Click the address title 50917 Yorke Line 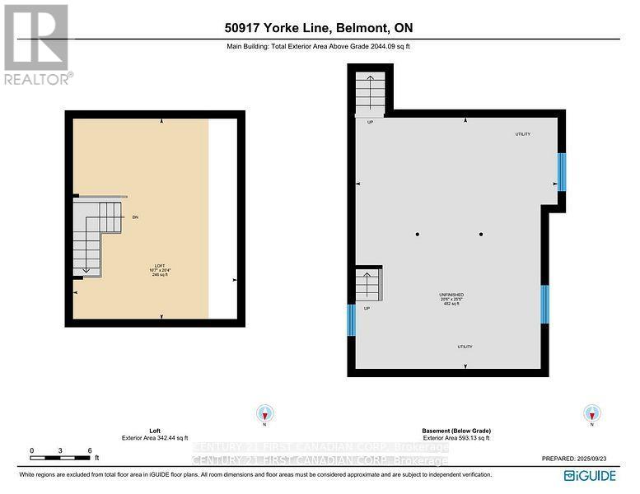click(x=320, y=29)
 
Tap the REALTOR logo click(x=36, y=44)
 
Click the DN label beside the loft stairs click(x=135, y=217)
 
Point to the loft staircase click(x=93, y=237)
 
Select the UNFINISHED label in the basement click(x=451, y=294)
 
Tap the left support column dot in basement click(x=418, y=235)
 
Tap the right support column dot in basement click(x=481, y=235)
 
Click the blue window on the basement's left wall click(x=352, y=320)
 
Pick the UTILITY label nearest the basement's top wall click(x=522, y=134)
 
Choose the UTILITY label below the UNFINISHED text click(x=465, y=347)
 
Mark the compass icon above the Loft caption click(x=264, y=413)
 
